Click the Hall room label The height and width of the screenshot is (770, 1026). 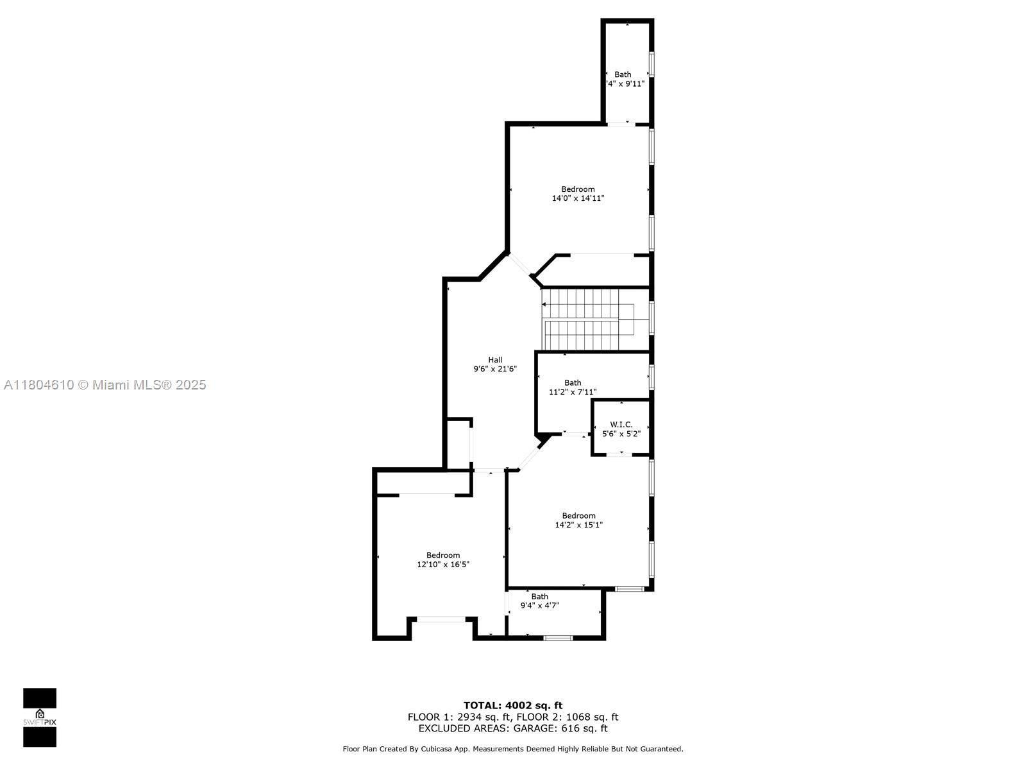pos(495,360)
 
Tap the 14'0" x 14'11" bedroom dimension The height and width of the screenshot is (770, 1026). pos(578,198)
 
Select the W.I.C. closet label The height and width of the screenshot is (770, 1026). pos(621,425)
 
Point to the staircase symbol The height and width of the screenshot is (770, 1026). pos(589,320)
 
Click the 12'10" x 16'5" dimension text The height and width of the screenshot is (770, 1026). pos(443,565)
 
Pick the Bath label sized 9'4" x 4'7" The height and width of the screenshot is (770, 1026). pos(539,597)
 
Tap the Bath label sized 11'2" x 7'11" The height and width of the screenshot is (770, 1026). pos(573,383)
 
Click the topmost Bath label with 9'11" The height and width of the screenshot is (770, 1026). pos(623,74)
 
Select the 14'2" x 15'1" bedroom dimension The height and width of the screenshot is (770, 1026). pos(578,525)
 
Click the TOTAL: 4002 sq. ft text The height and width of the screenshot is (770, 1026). pos(513,705)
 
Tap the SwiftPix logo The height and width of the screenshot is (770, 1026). pos(40,717)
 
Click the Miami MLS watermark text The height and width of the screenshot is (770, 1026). pos(105,385)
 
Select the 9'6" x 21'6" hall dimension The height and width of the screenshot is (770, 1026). pos(495,369)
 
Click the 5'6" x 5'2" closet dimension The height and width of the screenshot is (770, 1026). pos(621,434)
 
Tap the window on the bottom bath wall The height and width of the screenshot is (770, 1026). pos(557,638)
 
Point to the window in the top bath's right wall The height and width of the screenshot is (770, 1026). pos(652,64)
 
